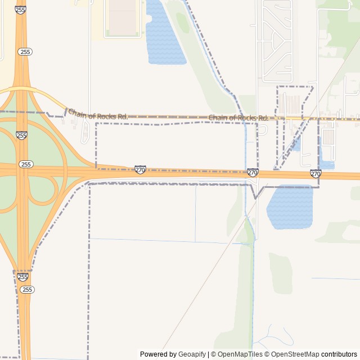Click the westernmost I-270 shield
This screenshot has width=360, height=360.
pyautogui.click(x=141, y=169)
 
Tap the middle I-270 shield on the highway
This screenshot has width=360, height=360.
pyautogui.click(x=253, y=173)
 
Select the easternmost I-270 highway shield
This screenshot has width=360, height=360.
pyautogui.click(x=316, y=174)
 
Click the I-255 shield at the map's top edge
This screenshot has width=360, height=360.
pyautogui.click(x=21, y=10)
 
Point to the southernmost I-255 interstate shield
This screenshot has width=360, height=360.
pyautogui.click(x=22, y=277)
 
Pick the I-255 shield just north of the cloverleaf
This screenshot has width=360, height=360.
pyautogui.click(x=21, y=136)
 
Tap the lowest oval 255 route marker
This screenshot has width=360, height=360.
pyautogui.click(x=27, y=289)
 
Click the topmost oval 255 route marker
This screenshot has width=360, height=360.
pyautogui.click(x=25, y=52)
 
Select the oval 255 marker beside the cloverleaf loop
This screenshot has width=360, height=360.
pyautogui.click(x=25, y=164)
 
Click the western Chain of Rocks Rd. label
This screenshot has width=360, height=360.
pyautogui.click(x=98, y=114)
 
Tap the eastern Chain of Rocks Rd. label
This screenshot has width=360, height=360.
pyautogui.click(x=238, y=118)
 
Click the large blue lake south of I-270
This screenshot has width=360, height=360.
pyautogui.click(x=290, y=207)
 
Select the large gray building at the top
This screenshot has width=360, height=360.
pyautogui.click(x=123, y=18)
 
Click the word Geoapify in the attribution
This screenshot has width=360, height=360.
pyautogui.click(x=192, y=354)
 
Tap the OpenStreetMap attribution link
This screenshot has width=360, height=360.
pyautogui.click(x=291, y=354)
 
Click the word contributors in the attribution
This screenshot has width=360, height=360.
pyautogui.click(x=339, y=354)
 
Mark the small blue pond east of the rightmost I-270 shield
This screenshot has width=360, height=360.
pyautogui.click(x=327, y=165)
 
